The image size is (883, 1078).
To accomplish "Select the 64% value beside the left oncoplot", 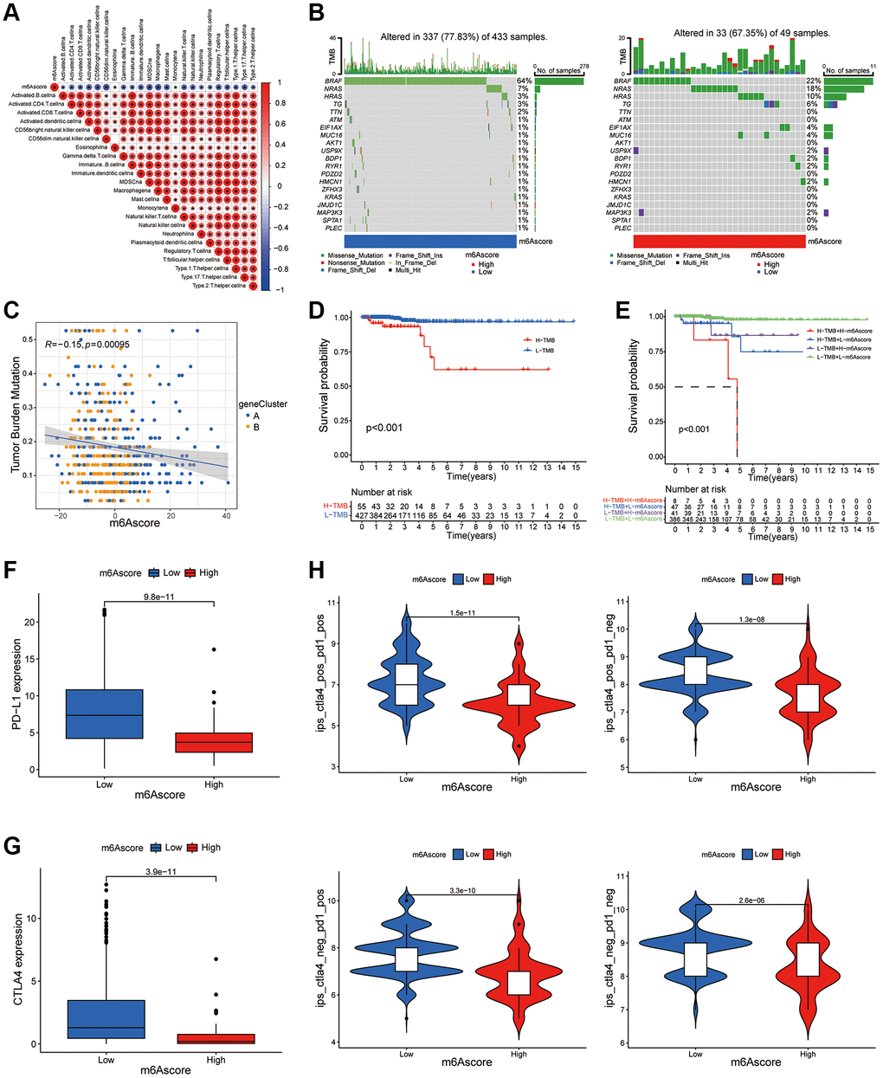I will (523, 81).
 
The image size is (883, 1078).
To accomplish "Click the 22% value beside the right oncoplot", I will (811, 81).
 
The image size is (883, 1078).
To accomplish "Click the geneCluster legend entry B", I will (255, 428).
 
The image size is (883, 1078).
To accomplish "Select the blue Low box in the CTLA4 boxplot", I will (106, 1019).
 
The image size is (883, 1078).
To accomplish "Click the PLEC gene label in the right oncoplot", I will (622, 228).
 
